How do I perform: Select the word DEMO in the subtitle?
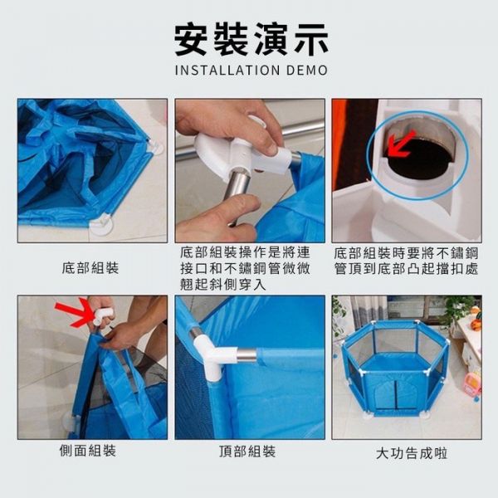(x=306, y=71)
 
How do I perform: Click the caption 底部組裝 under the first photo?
(x=90, y=268)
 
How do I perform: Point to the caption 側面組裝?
(x=89, y=452)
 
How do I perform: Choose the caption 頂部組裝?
(x=247, y=452)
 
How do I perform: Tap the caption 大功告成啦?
(x=406, y=453)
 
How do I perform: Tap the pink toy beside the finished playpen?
(x=471, y=384)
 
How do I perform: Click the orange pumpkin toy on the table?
(x=475, y=313)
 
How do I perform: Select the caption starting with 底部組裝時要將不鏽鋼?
(x=406, y=259)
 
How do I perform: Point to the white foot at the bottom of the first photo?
(x=100, y=223)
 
